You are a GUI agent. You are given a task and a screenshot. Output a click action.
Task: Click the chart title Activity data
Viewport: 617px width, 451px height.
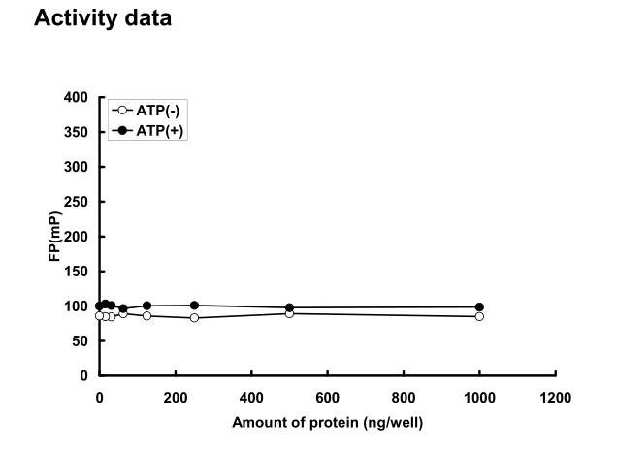[103, 18]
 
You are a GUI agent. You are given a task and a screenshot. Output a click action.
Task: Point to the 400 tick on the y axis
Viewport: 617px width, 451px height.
[80, 98]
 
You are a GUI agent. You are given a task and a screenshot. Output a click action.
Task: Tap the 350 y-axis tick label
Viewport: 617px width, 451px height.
[80, 133]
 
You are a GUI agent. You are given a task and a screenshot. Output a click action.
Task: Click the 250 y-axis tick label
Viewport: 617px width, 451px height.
[80, 202]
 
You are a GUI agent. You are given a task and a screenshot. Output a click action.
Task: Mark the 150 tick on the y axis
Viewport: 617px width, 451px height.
[80, 272]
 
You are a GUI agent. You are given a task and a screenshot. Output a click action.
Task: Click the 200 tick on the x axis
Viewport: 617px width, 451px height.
[176, 396]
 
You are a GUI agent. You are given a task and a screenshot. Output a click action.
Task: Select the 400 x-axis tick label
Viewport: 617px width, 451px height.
[251, 396]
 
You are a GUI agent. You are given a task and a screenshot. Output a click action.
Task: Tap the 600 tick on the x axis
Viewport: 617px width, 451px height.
[328, 396]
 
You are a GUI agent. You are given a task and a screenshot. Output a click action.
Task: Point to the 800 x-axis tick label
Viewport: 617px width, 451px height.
[404, 396]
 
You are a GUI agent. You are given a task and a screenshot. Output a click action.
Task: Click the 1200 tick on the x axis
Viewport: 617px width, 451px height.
[555, 396]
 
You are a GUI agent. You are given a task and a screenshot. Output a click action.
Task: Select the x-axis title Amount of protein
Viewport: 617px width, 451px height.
[327, 422]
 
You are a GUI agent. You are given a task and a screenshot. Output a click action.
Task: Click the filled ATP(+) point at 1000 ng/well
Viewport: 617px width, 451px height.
[479, 307]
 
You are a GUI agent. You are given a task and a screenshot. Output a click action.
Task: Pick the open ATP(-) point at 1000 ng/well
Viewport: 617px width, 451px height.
[479, 316]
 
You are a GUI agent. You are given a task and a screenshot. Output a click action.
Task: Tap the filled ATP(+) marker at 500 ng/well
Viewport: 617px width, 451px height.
[289, 308]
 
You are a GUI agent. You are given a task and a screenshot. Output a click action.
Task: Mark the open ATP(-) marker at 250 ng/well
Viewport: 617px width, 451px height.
[194, 318]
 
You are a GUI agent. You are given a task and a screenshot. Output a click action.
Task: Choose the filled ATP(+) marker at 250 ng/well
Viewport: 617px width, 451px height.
[194, 306]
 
